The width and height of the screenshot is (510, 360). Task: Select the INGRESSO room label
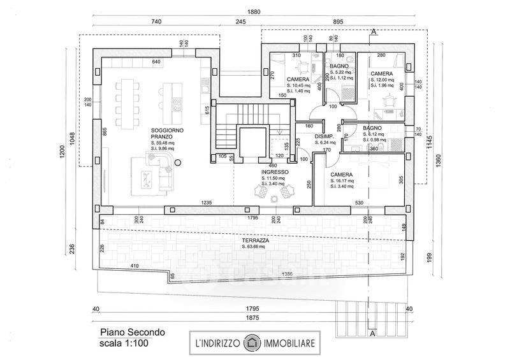[275, 172]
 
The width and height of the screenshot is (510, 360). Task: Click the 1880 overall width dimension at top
[254, 11]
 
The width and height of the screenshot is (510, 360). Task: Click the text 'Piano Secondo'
[132, 331]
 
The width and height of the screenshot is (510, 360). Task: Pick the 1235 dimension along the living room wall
[205, 202]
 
